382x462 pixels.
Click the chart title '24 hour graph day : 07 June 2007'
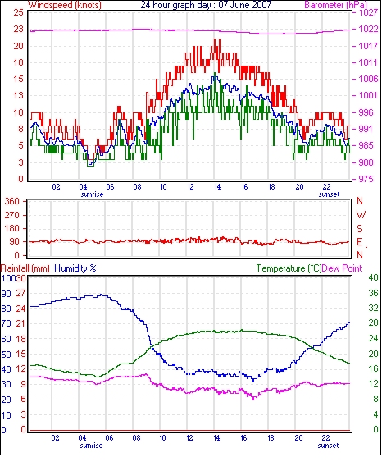click(x=206, y=5)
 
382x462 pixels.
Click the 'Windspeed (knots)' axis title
click(x=65, y=5)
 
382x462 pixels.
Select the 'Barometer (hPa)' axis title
click(x=336, y=5)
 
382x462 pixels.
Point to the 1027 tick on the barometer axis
click(x=368, y=12)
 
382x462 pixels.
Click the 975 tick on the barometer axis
click(x=366, y=179)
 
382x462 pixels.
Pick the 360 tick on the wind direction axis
click(x=11, y=202)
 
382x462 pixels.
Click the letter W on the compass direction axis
click(x=361, y=215)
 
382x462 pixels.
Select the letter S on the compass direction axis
click(x=359, y=228)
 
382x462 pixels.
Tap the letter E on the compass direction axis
click(x=359, y=242)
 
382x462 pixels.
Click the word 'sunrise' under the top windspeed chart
click(x=92, y=194)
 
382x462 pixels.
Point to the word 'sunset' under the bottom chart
click(x=328, y=446)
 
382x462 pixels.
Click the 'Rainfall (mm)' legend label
click(x=25, y=268)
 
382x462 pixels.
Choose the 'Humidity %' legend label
click(x=75, y=268)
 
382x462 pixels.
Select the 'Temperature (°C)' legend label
click(x=289, y=268)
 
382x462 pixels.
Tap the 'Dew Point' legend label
click(x=342, y=268)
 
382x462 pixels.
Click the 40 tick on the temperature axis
click(x=373, y=278)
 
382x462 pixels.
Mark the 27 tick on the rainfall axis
click(x=20, y=293)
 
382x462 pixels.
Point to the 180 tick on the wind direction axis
click(x=11, y=228)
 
